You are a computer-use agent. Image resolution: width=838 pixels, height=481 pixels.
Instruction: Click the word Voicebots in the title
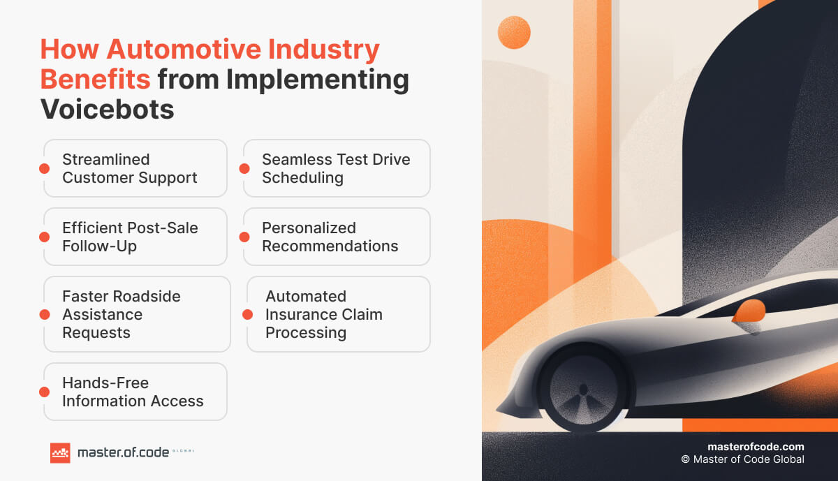tap(107, 110)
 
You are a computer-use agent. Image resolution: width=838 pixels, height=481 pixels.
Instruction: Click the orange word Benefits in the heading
tap(95, 79)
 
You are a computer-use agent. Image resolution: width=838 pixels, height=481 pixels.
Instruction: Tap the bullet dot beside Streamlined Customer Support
tap(44, 168)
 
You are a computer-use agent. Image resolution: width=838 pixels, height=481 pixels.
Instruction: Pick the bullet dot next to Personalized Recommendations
tap(244, 237)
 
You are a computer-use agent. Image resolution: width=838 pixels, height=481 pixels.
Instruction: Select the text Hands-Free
tap(105, 383)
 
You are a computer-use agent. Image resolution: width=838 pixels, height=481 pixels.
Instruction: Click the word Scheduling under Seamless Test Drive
tap(302, 177)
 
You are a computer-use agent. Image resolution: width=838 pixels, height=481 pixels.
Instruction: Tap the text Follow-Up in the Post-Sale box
tap(99, 246)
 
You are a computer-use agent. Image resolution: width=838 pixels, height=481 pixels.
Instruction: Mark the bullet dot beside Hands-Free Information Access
tap(44, 392)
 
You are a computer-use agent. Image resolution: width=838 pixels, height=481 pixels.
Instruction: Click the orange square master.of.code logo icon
tap(60, 453)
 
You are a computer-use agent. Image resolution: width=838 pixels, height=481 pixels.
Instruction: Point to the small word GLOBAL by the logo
tap(184, 451)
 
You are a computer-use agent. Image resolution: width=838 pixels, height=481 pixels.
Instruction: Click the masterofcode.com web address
tap(756, 447)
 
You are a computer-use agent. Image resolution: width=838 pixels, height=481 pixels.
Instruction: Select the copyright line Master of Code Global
tap(742, 459)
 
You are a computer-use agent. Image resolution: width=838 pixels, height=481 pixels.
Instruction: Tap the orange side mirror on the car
tap(749, 312)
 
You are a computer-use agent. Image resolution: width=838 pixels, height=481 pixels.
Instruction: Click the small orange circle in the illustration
tap(514, 32)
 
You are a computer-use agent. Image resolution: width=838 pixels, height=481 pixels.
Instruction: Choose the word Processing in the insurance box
tap(306, 332)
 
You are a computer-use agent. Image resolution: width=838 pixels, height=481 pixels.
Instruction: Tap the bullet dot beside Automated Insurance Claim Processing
tap(247, 314)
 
